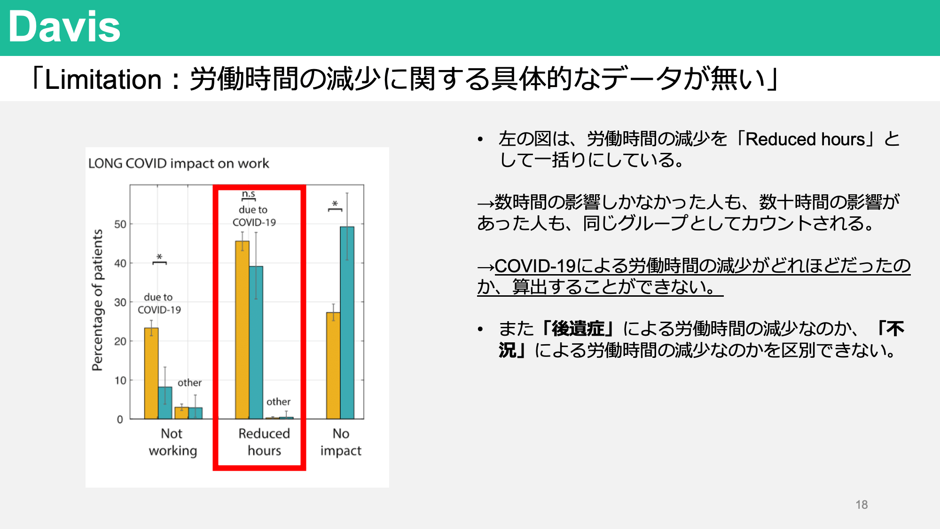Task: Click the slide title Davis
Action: pos(64,26)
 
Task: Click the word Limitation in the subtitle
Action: pos(103,79)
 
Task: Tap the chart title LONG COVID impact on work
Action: pos(179,163)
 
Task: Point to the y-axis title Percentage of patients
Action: pos(97,300)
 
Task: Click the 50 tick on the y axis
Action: pos(120,224)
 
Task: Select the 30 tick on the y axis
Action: pos(120,302)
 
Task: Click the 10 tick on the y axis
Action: pos(120,380)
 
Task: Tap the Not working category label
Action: pos(172,442)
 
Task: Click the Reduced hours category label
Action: pos(264,442)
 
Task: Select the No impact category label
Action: pos(341,442)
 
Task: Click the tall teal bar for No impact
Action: pos(347,323)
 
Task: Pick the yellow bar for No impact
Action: pos(333,365)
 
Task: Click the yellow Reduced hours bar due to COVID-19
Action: pos(243,330)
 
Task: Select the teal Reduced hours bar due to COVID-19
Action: pos(256,342)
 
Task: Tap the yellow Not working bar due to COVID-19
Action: pos(151,373)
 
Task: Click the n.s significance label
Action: pos(249,194)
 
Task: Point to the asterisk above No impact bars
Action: pos(335,204)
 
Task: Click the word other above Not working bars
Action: pos(189,383)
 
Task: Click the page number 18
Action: pos(862,505)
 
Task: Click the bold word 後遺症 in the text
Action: pos(578,329)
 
